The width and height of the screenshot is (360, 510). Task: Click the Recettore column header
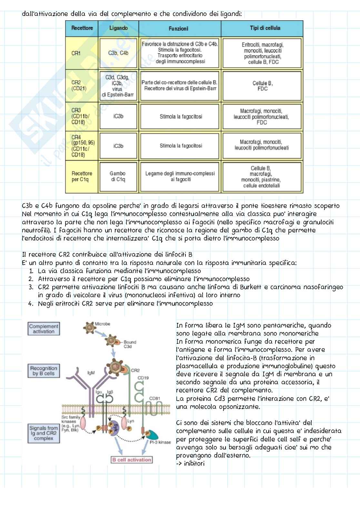(x=82, y=28)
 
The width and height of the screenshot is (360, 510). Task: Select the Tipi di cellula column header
(x=265, y=28)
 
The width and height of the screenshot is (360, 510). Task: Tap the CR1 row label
(x=76, y=53)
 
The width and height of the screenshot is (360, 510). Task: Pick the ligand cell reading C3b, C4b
(x=118, y=53)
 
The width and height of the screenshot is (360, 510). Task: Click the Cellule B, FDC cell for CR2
(x=262, y=86)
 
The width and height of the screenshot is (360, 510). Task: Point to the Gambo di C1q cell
(x=118, y=176)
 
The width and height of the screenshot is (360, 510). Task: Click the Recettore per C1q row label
(x=82, y=176)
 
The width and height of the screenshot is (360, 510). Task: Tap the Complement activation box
(x=44, y=329)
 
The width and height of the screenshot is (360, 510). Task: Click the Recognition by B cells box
(x=44, y=371)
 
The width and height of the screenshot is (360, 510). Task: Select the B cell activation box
(x=131, y=460)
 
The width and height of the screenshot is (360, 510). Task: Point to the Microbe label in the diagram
(x=103, y=324)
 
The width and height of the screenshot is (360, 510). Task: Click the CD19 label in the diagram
(x=143, y=377)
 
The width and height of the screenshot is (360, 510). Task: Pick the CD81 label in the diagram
(x=155, y=398)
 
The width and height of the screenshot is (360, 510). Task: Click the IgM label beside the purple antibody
(x=91, y=373)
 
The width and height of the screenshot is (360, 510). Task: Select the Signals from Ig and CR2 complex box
(x=44, y=433)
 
